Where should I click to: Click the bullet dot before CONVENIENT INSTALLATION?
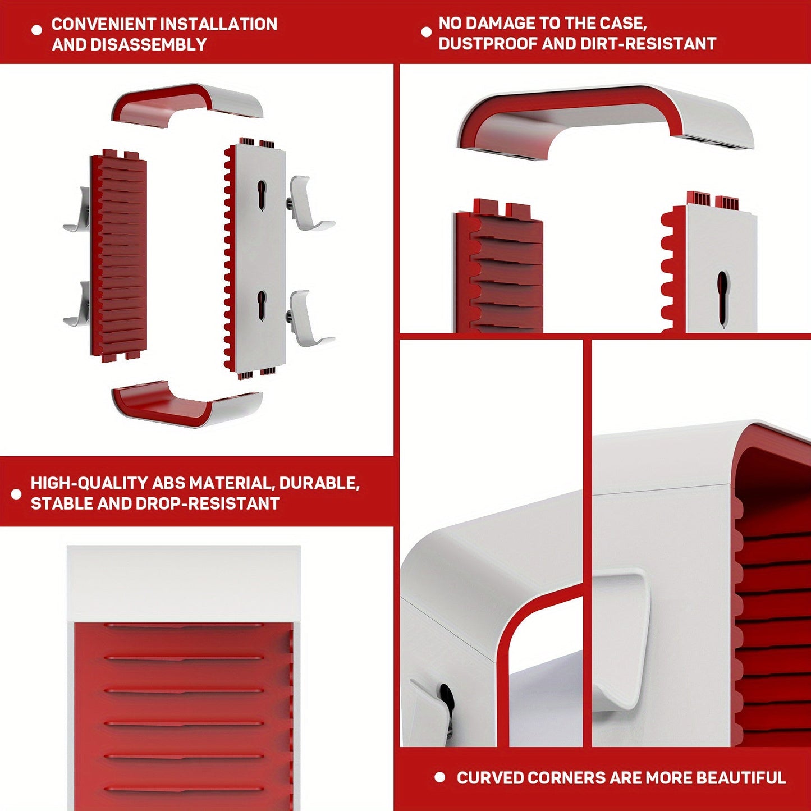37,30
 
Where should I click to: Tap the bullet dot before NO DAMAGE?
427,31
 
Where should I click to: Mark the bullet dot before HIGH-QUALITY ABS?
16,494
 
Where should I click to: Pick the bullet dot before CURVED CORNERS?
440,777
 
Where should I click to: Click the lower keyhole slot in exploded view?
262,305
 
